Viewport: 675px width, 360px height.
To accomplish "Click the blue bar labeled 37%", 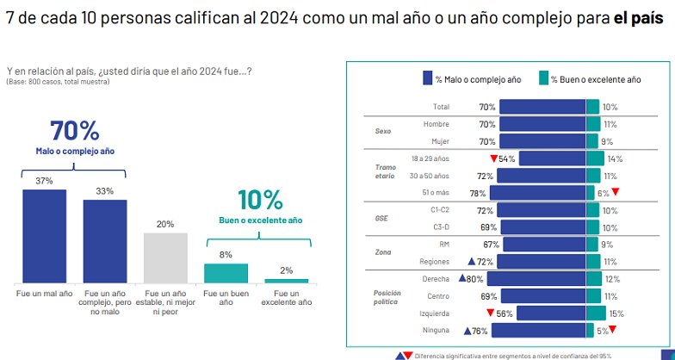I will (44, 236).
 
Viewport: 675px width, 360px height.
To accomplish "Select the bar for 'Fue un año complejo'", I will (105, 241).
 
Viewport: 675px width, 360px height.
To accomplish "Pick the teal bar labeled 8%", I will (226, 273).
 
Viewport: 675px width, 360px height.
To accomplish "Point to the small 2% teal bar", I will (286, 281).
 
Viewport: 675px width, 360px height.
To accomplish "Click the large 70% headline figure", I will (75, 131).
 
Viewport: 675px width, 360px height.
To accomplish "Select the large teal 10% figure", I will (255, 200).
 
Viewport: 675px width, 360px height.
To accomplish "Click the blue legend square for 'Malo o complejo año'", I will (428, 78).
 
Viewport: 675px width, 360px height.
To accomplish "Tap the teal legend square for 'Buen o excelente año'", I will (543, 78).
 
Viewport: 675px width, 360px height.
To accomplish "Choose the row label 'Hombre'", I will (437, 124).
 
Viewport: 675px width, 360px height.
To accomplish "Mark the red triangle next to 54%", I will (493, 158).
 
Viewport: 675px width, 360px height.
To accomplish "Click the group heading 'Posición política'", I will (387, 298).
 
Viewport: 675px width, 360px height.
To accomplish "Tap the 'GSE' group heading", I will (382, 218).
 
